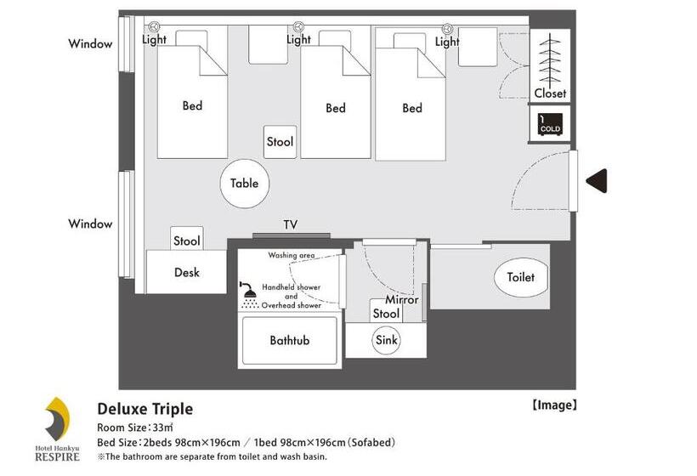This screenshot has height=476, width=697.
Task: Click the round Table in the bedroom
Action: point(244,184)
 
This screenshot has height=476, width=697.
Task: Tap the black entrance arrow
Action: point(597,181)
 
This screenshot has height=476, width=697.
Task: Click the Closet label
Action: point(550,93)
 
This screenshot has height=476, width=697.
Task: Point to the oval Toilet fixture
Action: point(520,277)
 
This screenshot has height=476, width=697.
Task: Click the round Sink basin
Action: point(387,340)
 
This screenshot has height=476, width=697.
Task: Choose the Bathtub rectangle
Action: point(289,340)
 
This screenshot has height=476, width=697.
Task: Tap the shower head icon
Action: point(249,295)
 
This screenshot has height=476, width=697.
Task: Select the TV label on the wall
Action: point(290,225)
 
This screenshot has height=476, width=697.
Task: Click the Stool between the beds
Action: point(280,142)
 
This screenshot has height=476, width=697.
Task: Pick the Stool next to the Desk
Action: point(186,241)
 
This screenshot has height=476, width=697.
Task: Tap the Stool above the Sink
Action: point(386,314)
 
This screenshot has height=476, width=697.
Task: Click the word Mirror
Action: point(402,300)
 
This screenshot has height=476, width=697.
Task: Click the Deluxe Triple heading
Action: point(144,409)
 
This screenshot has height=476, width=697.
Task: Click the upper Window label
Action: point(90,44)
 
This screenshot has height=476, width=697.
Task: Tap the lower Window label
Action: point(90,224)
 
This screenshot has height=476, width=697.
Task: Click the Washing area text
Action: point(292,255)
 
